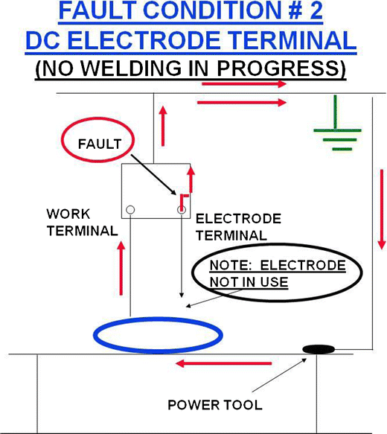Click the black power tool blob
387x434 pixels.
(319, 348)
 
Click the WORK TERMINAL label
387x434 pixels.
(82, 223)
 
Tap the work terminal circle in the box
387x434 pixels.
(131, 210)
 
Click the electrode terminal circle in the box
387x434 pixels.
(180, 210)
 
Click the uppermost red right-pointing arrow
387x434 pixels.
(242, 83)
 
